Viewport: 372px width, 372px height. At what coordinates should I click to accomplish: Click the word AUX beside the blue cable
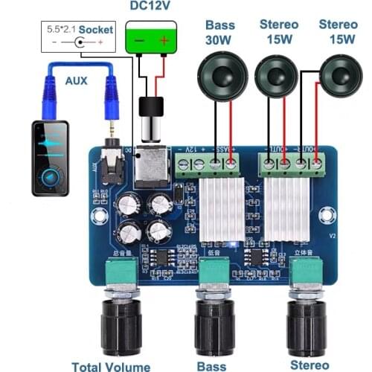[76, 80]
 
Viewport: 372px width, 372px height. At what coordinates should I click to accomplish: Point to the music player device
[50, 158]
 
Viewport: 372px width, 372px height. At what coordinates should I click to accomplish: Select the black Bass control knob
[214, 327]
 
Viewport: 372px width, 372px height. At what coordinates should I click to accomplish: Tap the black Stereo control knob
[308, 327]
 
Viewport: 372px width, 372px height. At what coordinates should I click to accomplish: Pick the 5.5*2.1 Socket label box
[77, 36]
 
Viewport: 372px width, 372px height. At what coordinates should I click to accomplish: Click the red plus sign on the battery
[164, 39]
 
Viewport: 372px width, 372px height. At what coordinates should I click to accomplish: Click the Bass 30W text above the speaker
[220, 32]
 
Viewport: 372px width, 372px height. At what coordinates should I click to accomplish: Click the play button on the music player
[51, 176]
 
